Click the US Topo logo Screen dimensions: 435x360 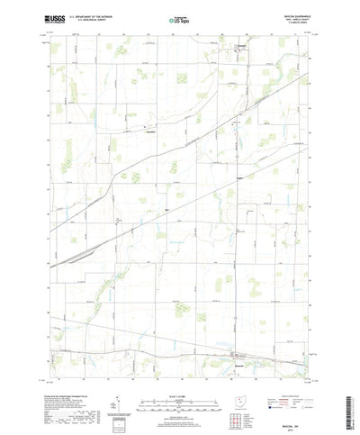179,17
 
